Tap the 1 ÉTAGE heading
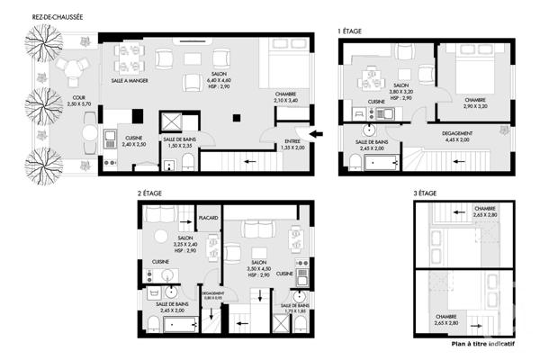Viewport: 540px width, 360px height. click(x=349, y=31)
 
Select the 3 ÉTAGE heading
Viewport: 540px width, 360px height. click(x=425, y=193)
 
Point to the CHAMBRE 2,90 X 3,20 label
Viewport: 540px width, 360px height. click(x=475, y=103)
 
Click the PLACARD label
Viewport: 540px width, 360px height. click(x=209, y=219)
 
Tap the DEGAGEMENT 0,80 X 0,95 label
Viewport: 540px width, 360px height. click(x=212, y=295)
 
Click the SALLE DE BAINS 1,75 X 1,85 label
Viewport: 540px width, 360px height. click(x=295, y=308)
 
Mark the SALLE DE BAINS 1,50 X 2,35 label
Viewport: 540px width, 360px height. click(x=181, y=142)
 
